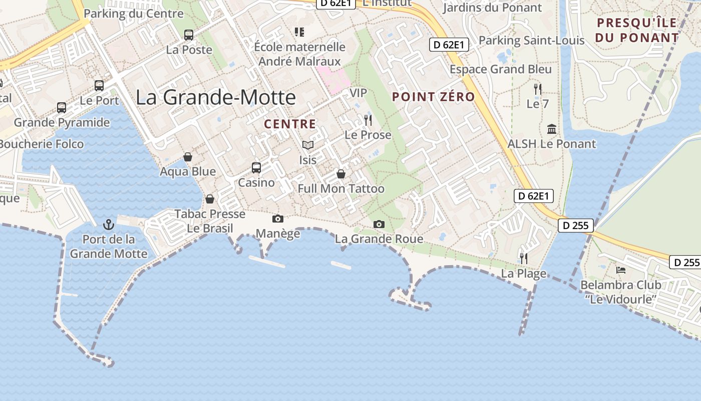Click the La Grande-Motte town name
216,97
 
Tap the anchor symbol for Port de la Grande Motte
109,224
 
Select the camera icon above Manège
277,219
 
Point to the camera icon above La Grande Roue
379,224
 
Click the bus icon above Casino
256,167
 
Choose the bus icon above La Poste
189,35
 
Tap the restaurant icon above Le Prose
368,120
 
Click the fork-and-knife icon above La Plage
524,258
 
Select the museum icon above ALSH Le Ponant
552,129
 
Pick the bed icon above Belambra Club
621,270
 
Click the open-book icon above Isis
308,145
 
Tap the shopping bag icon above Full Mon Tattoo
341,174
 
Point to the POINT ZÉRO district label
434,97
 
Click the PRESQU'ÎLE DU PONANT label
637,30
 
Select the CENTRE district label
290,124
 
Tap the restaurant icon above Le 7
538,89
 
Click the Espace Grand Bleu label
501,69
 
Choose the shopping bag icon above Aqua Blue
188,157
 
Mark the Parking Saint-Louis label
532,40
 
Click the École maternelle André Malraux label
299,54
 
